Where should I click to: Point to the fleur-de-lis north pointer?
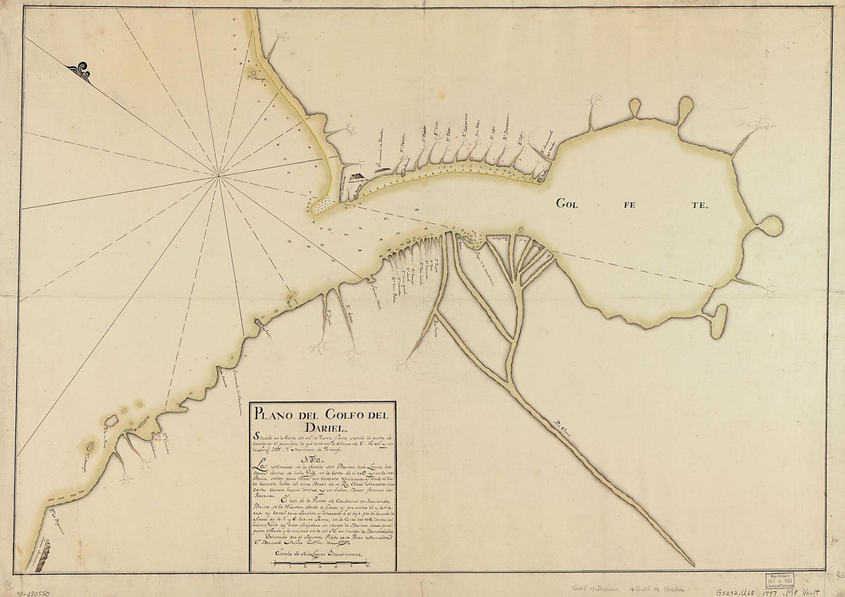78,72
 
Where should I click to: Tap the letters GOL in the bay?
572,203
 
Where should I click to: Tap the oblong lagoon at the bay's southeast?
717,321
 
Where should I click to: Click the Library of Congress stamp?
777,579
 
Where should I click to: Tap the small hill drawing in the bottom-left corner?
38,554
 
